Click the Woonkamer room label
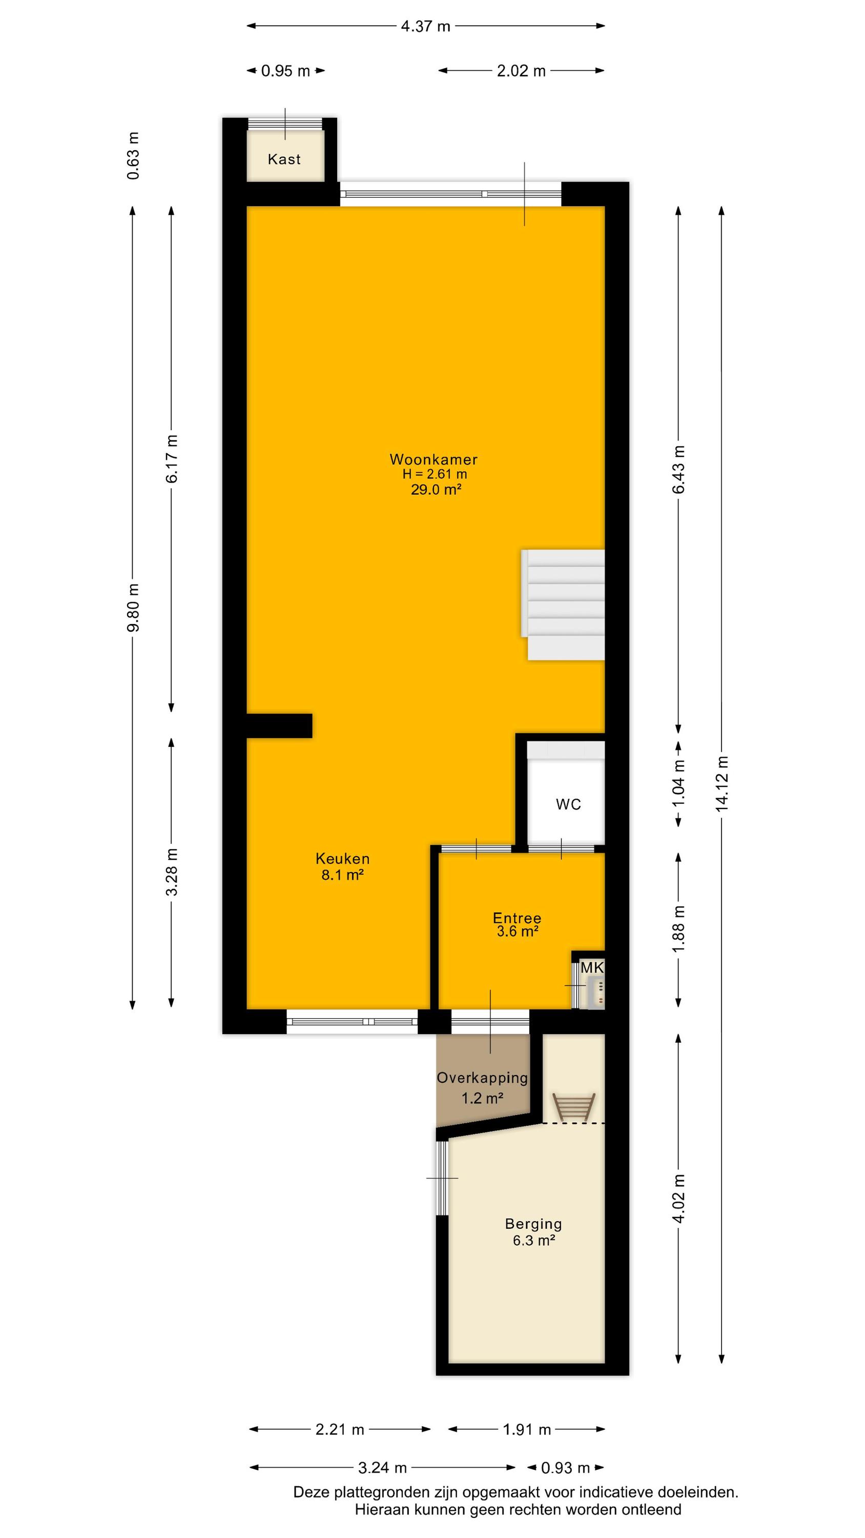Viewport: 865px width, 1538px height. click(434, 459)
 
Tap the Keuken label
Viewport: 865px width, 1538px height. click(343, 859)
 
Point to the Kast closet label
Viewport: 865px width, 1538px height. click(284, 159)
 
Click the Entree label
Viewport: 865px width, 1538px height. click(517, 918)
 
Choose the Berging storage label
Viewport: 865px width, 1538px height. click(533, 1223)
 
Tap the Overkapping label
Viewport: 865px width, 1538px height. click(482, 1078)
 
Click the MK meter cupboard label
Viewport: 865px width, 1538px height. click(591, 968)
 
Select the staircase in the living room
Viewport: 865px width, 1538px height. click(564, 604)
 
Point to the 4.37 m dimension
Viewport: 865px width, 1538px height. click(426, 26)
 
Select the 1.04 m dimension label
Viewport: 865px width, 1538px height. click(679, 783)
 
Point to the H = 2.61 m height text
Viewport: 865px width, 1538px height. click(435, 474)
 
